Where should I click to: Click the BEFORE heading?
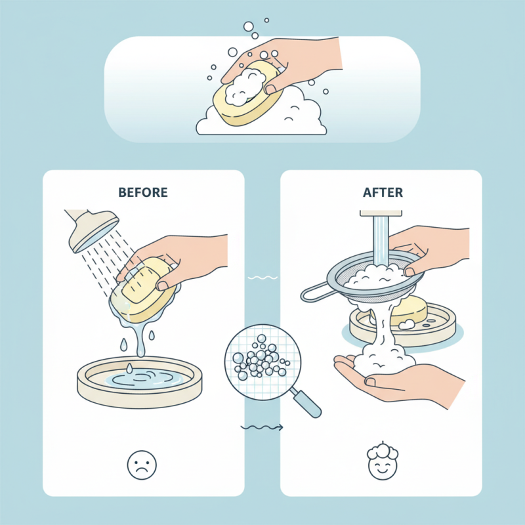[x=143, y=193]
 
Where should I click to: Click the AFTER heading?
[x=381, y=193]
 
